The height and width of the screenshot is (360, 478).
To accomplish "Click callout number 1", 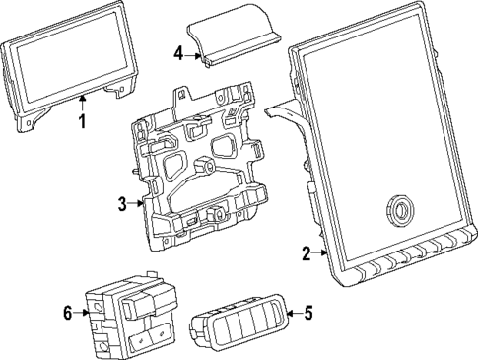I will click(x=83, y=123).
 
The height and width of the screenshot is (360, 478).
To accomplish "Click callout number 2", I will click(x=306, y=253).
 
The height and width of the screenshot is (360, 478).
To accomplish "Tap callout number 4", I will click(x=178, y=53).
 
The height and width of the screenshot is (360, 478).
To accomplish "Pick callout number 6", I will click(x=68, y=313).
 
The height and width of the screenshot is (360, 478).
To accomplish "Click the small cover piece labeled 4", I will click(x=231, y=40).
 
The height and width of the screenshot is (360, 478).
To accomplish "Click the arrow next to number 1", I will click(x=83, y=105).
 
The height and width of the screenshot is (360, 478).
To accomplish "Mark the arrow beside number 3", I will click(x=138, y=204).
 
